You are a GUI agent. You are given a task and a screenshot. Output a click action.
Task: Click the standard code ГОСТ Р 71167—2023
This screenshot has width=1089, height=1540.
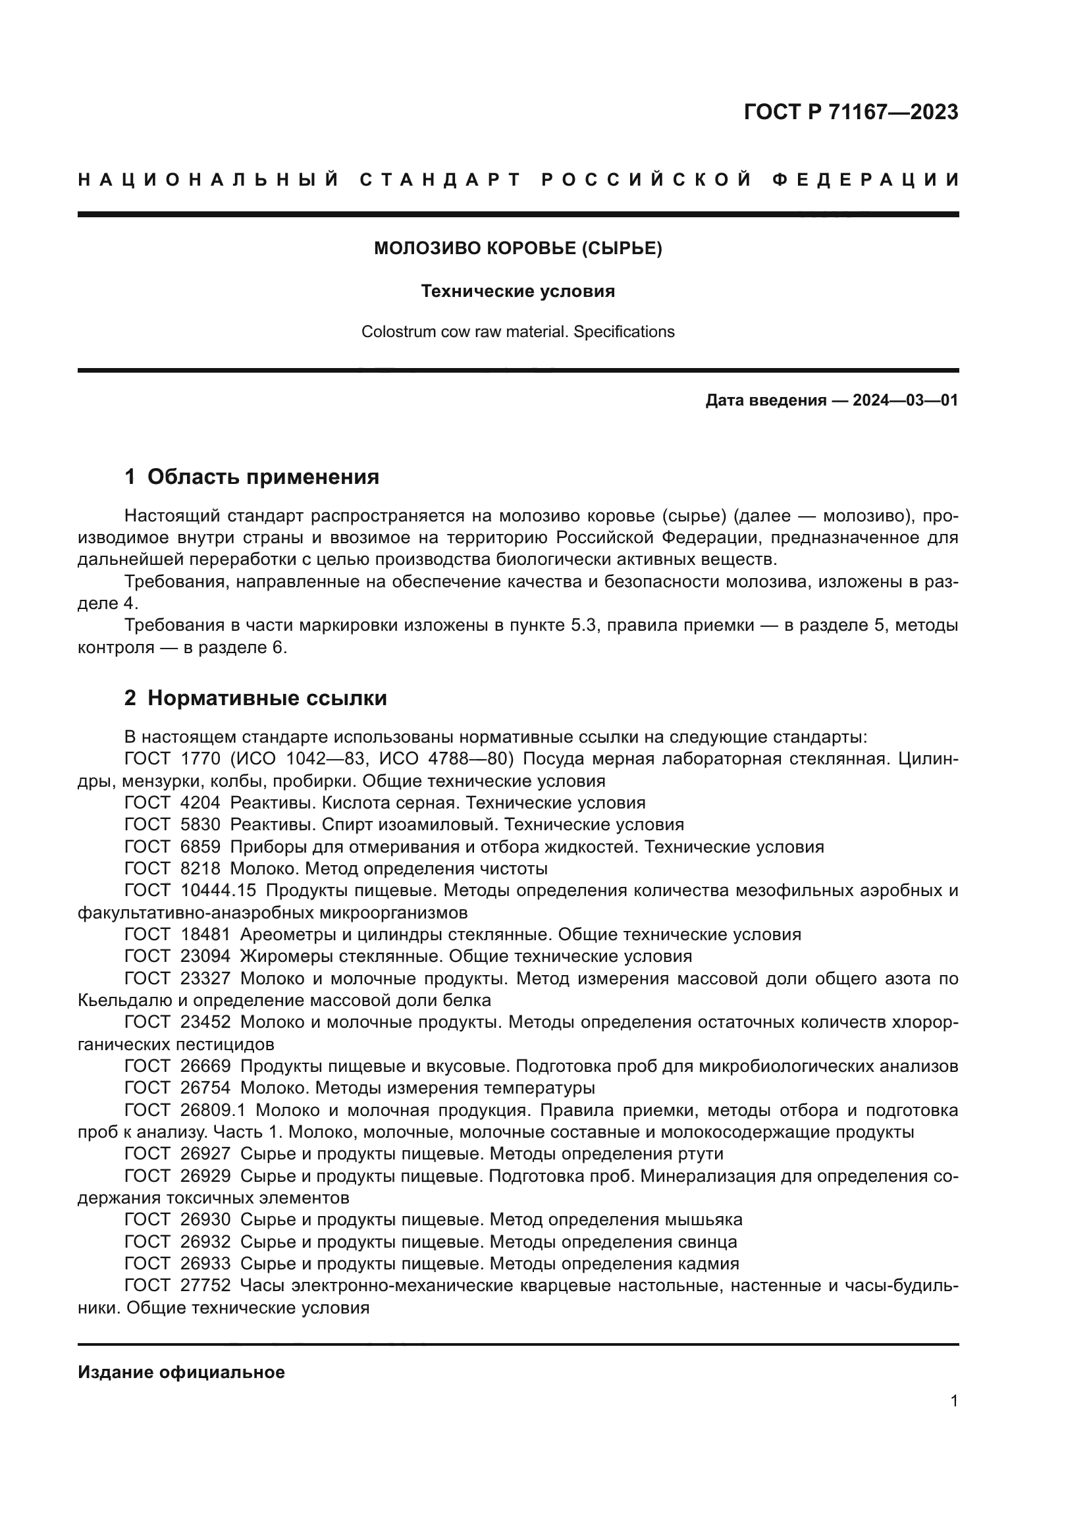coord(850,112)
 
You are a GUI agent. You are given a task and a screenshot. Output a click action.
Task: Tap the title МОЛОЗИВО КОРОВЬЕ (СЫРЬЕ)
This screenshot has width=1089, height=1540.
coord(518,249)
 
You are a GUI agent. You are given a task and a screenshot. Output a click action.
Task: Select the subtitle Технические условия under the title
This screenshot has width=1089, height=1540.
coord(518,291)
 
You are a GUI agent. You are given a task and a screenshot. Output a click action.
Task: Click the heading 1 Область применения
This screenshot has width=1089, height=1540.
coord(252,477)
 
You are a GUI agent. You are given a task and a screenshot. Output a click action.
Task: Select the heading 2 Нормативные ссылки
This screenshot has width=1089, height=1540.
coord(255,698)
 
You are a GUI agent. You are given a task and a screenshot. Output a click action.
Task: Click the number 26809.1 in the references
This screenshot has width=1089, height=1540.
coord(213,1110)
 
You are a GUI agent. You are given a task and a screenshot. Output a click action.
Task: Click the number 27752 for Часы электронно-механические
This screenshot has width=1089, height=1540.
coord(205,1286)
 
